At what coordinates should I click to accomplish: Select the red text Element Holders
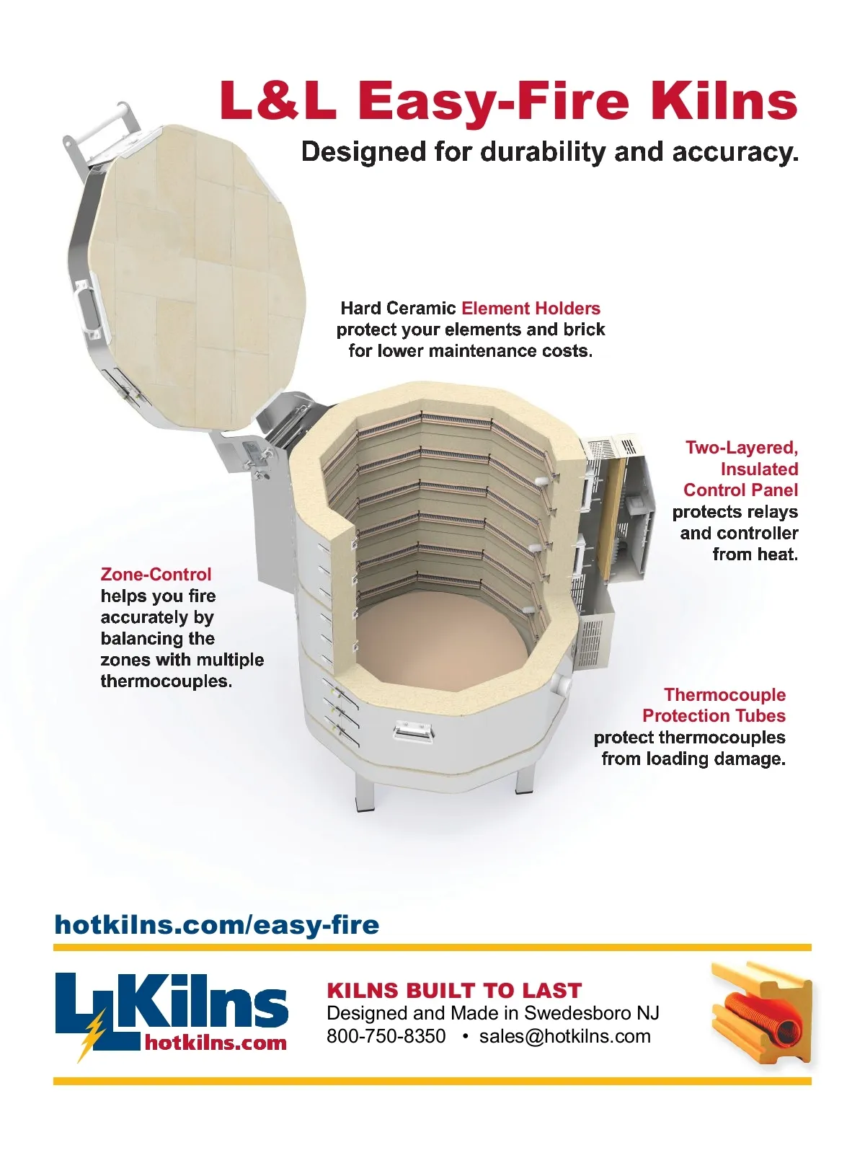click(531, 308)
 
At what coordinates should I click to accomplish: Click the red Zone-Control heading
click(156, 574)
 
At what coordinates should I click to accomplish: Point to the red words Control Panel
click(740, 490)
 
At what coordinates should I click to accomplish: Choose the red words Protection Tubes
click(714, 716)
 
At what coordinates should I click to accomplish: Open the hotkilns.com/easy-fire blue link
click(217, 925)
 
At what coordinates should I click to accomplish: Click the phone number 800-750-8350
click(386, 1036)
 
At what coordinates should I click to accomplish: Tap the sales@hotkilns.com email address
click(565, 1036)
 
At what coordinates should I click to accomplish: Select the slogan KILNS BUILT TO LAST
click(454, 991)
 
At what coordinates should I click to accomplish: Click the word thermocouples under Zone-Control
click(166, 681)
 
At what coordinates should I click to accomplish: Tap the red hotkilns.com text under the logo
click(216, 1043)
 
